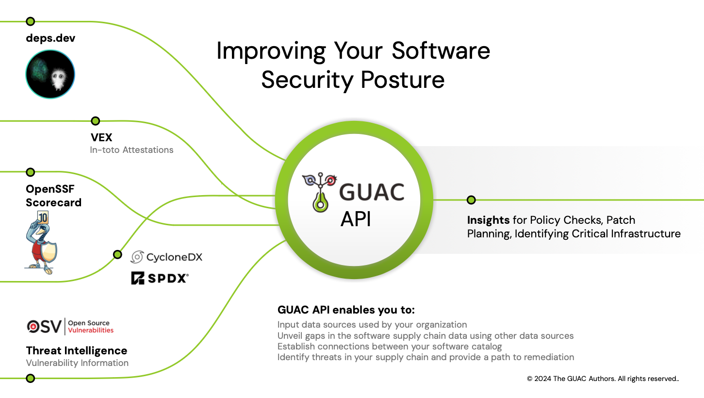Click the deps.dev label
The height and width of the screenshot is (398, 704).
[x=50, y=38]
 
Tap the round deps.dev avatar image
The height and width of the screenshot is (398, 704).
[x=50, y=74]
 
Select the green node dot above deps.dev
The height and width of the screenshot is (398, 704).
[x=30, y=21]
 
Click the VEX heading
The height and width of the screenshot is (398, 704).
[x=101, y=137]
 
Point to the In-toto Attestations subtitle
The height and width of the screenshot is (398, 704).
[x=131, y=150]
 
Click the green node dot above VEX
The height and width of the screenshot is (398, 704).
[x=96, y=121]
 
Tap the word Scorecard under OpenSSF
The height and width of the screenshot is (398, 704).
[x=53, y=202]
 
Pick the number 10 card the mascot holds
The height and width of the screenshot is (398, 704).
[x=43, y=218]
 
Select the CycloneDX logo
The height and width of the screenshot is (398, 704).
[x=167, y=257]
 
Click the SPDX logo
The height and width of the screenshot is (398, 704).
[x=160, y=278]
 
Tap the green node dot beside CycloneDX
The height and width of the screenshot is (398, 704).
[x=117, y=254]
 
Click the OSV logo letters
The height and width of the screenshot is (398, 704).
[x=44, y=327]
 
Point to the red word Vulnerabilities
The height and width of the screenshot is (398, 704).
[x=91, y=331]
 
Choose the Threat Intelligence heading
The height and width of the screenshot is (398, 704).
[x=77, y=350]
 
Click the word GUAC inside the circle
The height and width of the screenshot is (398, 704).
[x=371, y=192]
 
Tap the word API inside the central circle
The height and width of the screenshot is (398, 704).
[x=356, y=219]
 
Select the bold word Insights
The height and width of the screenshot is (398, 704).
[x=488, y=220]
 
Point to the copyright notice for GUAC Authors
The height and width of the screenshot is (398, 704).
[x=603, y=379]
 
